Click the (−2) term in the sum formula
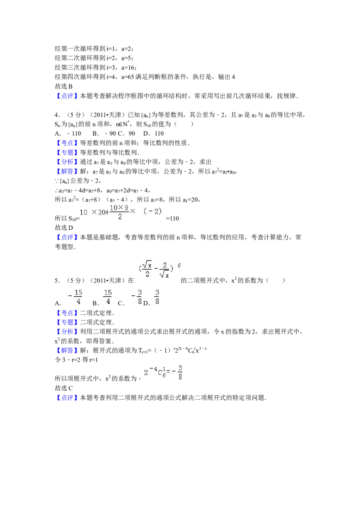(x=153, y=211)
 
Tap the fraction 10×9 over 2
(x=120, y=212)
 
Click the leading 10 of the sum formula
(x=83, y=212)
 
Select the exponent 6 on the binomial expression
(x=179, y=265)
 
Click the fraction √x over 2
(x=146, y=270)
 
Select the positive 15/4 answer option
(x=108, y=297)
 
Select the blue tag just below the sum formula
(x=67, y=237)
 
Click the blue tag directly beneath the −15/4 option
(x=67, y=313)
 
